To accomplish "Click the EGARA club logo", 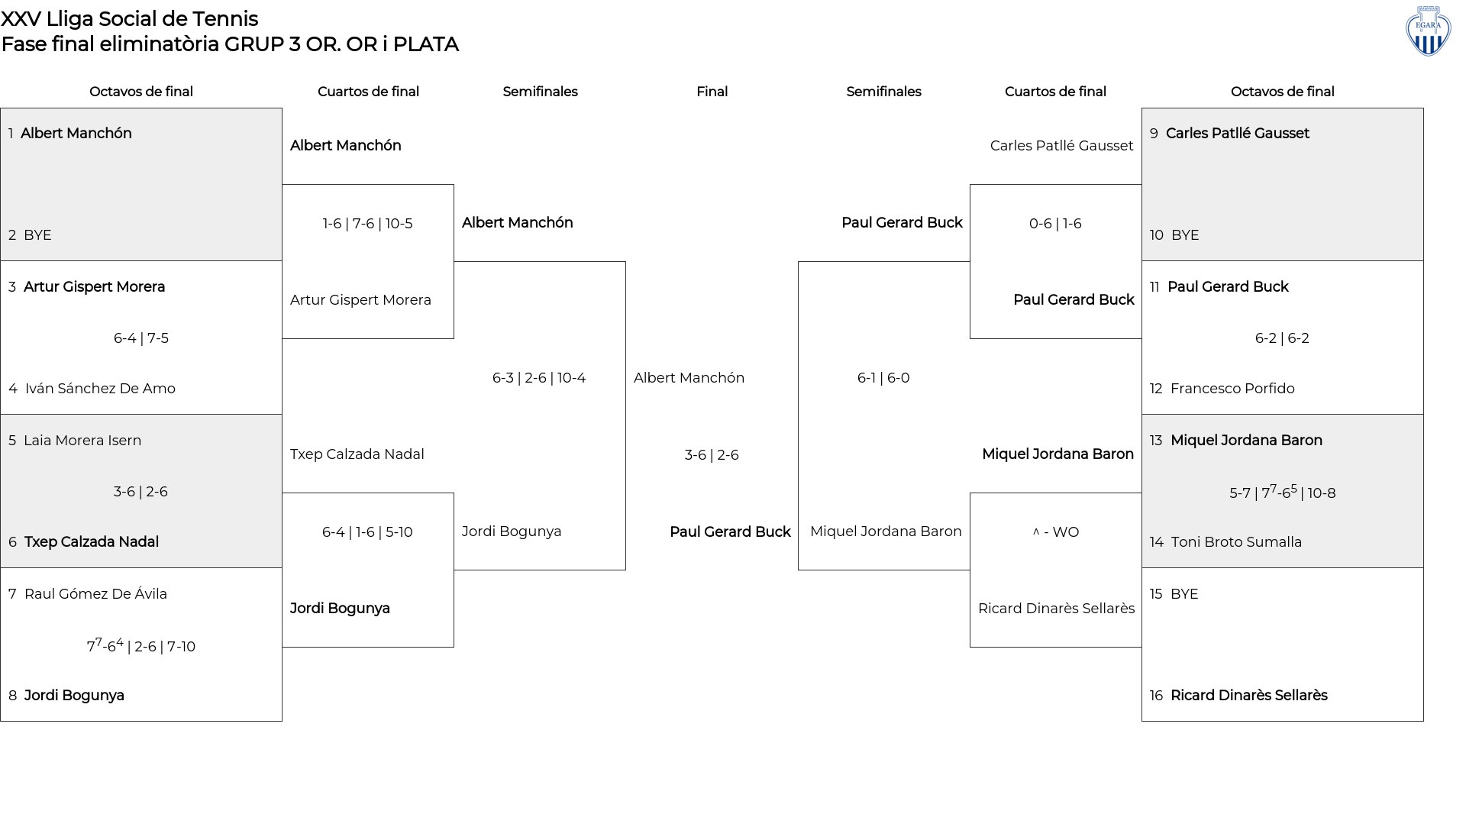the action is pyautogui.click(x=1428, y=31).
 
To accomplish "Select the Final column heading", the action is pyautogui.click(x=712, y=92).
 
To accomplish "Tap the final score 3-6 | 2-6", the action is pyautogui.click(x=712, y=455).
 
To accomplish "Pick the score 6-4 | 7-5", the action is pyautogui.click(x=141, y=338).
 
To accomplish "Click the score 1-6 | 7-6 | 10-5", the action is pyautogui.click(x=367, y=224).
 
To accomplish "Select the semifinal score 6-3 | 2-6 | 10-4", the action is pyautogui.click(x=539, y=378).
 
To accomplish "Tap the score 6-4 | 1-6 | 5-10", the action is pyautogui.click(x=367, y=532).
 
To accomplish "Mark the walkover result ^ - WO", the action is pyautogui.click(x=1056, y=532).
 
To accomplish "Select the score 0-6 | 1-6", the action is pyautogui.click(x=1055, y=224).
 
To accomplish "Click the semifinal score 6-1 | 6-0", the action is pyautogui.click(x=883, y=378).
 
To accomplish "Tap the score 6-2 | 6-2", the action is pyautogui.click(x=1282, y=338).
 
